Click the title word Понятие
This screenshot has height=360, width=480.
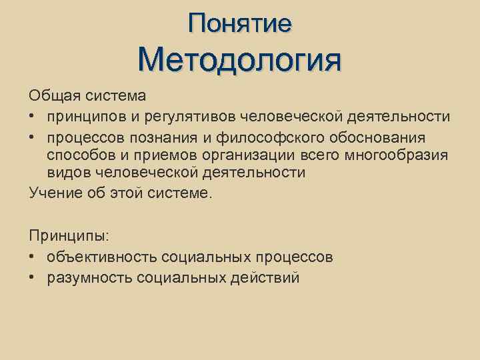click(x=239, y=24)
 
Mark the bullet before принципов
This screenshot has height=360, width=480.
click(x=33, y=117)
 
